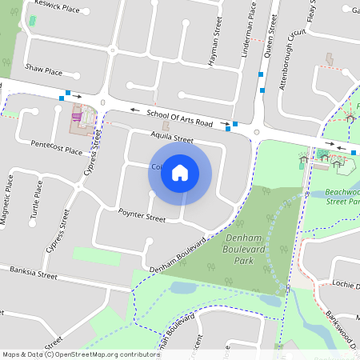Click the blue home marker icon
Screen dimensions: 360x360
tap(180, 173)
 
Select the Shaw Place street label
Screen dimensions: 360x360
tap(43, 70)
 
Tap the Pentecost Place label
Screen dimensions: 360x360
tap(56, 150)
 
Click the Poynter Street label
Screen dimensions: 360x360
tap(142, 217)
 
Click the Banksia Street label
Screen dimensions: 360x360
tap(34, 274)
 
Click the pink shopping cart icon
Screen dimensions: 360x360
tap(78, 117)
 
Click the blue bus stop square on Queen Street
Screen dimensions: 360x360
tap(262, 74)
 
